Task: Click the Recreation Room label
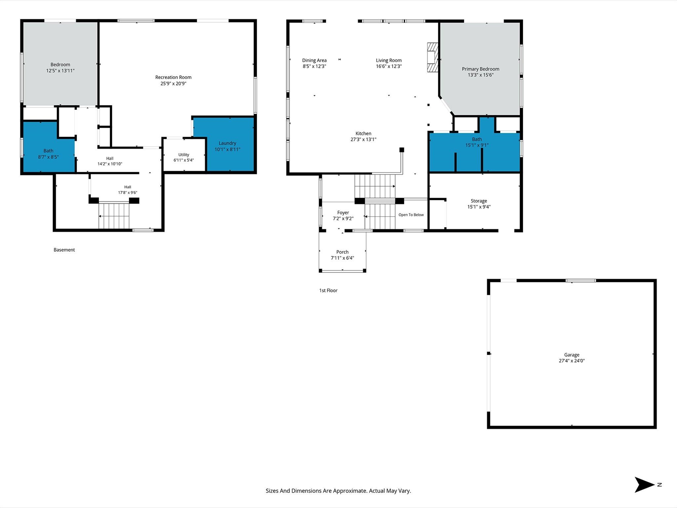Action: click(173, 77)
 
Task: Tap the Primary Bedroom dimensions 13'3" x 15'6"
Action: click(480, 75)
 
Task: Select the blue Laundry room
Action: click(230, 144)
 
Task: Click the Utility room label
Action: click(184, 154)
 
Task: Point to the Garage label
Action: click(572, 355)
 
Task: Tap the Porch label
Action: click(342, 252)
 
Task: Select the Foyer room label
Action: click(343, 213)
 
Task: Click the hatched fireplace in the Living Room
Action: click(432, 57)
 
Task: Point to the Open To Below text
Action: click(411, 215)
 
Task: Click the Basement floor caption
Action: click(64, 250)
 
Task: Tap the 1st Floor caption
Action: click(328, 290)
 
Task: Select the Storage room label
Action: click(479, 201)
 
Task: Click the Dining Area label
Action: click(314, 60)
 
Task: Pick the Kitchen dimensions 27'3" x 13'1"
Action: click(363, 140)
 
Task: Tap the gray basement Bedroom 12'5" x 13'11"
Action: click(60, 63)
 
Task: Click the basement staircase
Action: click(114, 215)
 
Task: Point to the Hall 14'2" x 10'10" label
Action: click(110, 161)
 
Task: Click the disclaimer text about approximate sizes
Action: click(338, 491)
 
